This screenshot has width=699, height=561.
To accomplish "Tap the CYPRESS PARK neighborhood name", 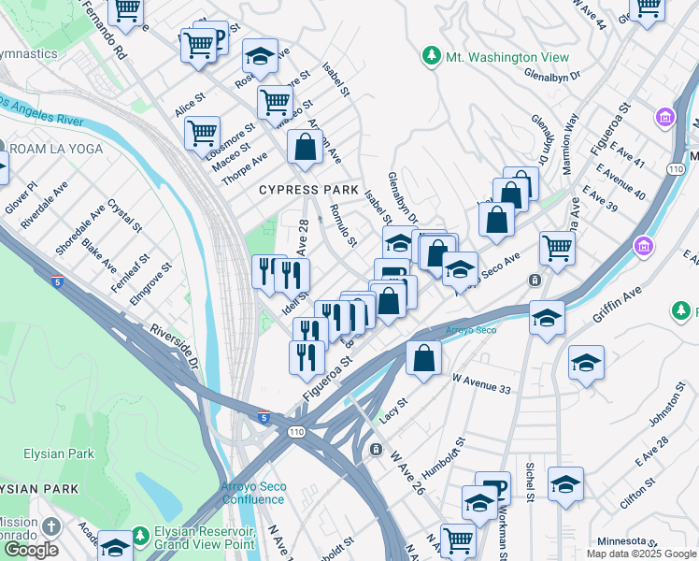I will click(308, 190).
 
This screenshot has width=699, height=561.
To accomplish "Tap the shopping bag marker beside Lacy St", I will click(423, 357).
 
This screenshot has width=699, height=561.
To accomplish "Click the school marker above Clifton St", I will click(565, 484).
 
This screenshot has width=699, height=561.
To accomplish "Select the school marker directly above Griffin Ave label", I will click(547, 317).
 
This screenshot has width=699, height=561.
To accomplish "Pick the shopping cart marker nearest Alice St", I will click(202, 133).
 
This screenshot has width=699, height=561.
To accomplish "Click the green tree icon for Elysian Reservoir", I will click(140, 537).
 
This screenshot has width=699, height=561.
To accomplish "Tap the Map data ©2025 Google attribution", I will click(641, 554).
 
